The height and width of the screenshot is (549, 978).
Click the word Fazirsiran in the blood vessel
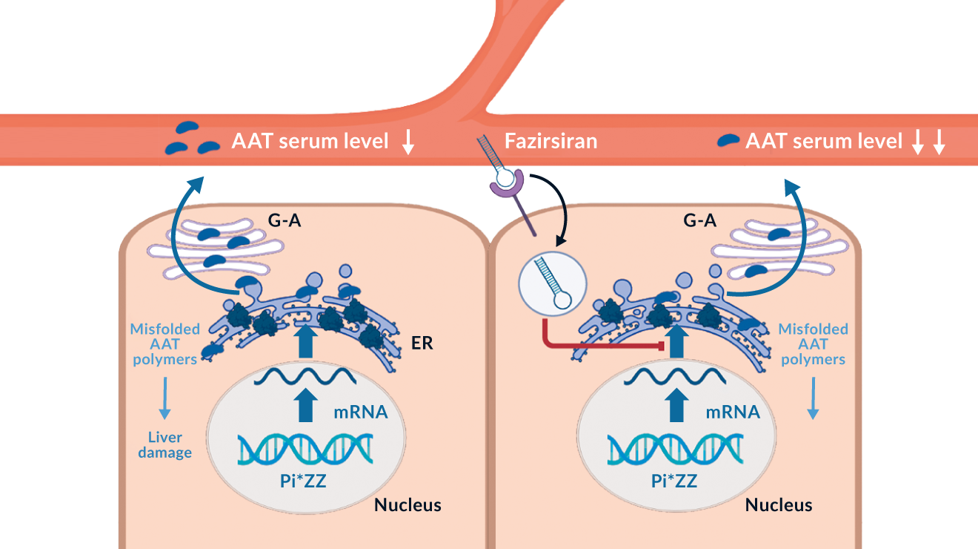click(x=550, y=141)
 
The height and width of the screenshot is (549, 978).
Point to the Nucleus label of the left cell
click(x=408, y=505)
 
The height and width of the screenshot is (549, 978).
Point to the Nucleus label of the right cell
click(x=779, y=505)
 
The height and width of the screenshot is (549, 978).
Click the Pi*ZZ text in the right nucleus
click(x=674, y=481)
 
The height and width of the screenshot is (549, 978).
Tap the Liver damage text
click(x=164, y=444)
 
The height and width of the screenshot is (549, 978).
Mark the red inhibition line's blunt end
click(x=659, y=345)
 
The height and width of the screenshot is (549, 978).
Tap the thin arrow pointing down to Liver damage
click(x=164, y=398)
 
